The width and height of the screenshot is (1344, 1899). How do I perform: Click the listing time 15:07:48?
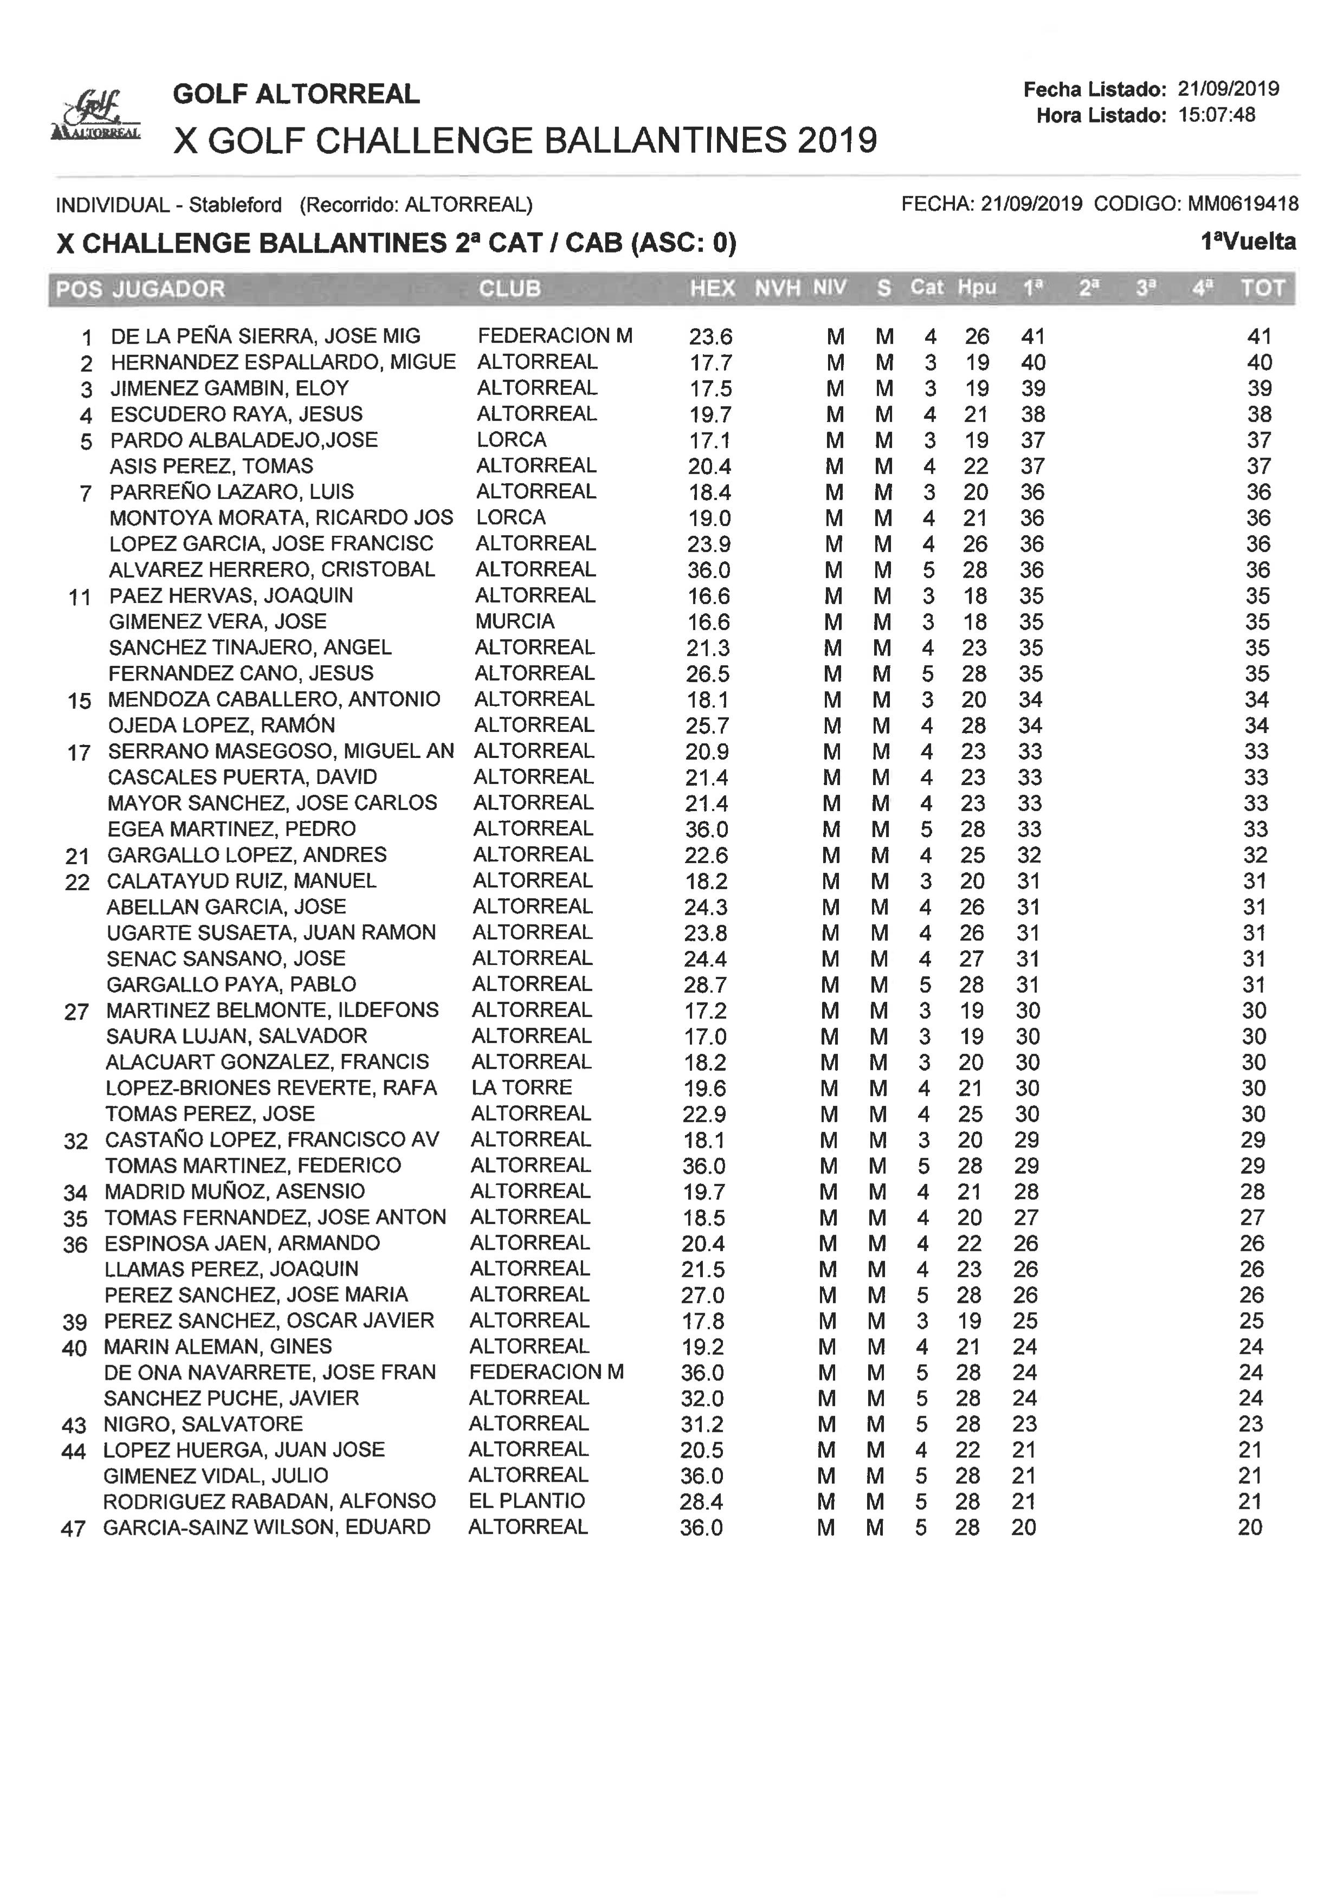[x=1217, y=115]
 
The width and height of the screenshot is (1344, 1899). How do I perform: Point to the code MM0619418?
[x=1243, y=204]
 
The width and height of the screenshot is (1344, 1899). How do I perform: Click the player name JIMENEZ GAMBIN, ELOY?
[x=230, y=388]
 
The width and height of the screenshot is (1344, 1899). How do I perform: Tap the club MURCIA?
[x=515, y=621]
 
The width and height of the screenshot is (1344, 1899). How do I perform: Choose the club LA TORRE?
[x=521, y=1087]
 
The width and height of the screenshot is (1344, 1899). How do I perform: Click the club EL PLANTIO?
[x=526, y=1500]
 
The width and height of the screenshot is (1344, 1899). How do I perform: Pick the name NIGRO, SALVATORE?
[x=203, y=1423]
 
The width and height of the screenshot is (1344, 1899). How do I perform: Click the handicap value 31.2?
[x=702, y=1424]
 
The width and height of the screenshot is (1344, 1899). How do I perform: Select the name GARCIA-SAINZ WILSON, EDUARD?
[x=267, y=1527]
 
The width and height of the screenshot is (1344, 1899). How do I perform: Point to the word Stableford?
[x=235, y=204]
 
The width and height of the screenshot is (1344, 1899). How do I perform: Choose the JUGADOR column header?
[x=169, y=289]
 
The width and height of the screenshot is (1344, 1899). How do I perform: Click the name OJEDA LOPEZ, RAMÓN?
[x=221, y=725]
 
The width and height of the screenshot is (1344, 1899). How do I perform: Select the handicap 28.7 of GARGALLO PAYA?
[x=705, y=984]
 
